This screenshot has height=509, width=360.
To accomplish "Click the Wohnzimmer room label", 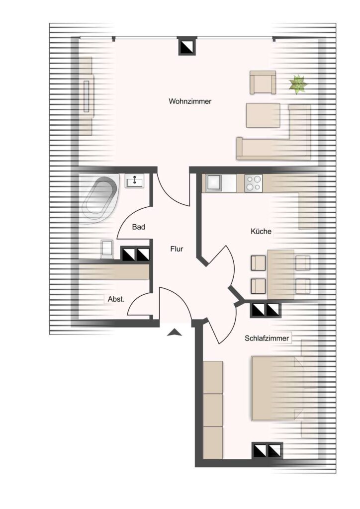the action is pos(190,101).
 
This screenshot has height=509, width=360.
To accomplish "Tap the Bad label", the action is pos(139,227).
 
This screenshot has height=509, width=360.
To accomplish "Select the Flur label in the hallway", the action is pos(177,249).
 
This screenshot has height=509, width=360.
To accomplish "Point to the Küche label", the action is pos(261,232).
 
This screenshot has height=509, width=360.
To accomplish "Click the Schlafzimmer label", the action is pos(267,338).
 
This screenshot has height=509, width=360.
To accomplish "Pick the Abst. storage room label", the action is pos(116,299).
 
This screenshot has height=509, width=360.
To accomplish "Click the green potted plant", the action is pos(298,84).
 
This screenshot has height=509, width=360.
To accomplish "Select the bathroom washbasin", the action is pos(134,181).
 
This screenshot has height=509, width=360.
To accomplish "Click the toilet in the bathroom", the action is pos(106,250).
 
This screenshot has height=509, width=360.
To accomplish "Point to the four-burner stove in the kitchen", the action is pos(254,183).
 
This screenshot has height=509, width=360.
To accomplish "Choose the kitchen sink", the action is pos(214,183).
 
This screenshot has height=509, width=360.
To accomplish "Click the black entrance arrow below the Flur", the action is pos(175,332).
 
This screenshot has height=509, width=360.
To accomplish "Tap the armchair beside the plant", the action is pos(263,83).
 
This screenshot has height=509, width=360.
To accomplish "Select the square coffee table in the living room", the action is pos(263,115).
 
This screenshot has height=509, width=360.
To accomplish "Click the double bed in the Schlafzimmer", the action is pos(278,389).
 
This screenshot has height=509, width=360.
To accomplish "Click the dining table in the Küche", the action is pos(281,274).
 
